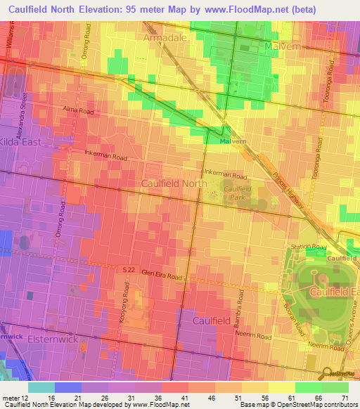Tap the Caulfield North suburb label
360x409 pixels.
[174, 183]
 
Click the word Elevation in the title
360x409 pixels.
[111, 9]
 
